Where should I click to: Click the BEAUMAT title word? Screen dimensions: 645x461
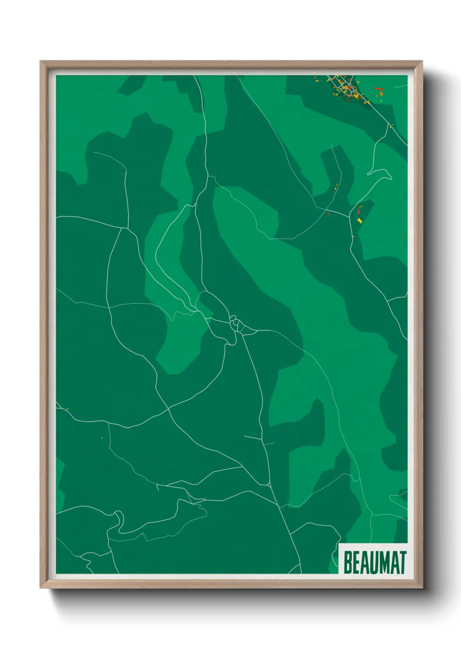[375, 563]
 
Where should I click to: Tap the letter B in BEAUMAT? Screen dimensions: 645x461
[348, 563]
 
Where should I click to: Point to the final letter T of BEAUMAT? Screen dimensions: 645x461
[402, 563]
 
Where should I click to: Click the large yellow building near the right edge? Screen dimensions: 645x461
[360, 221]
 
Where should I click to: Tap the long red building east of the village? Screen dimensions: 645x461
[379, 89]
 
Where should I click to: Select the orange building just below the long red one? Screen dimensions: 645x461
[381, 94]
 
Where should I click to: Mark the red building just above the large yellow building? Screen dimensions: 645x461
[359, 212]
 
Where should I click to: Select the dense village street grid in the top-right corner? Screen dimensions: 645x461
[344, 87]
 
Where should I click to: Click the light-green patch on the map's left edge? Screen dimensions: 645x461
[60, 484]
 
